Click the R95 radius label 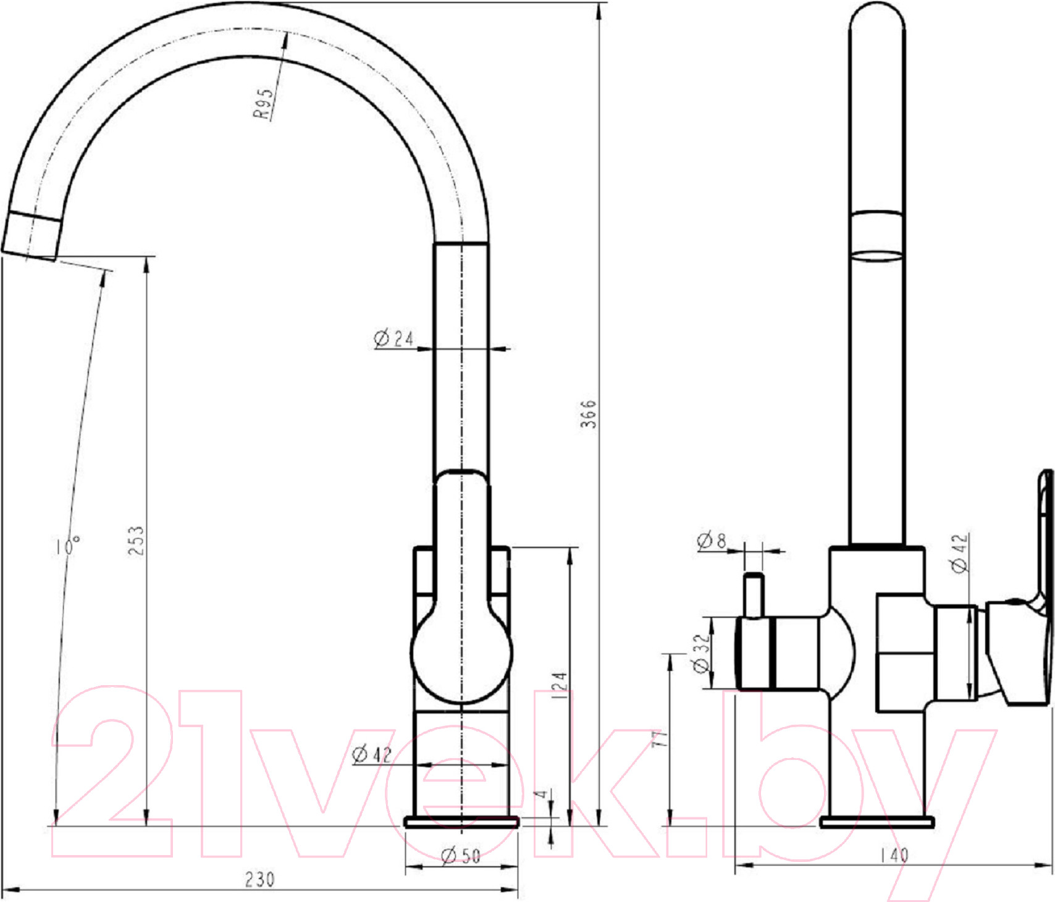click(264, 103)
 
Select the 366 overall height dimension click(589, 413)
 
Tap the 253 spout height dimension click(137, 540)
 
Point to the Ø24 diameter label click(393, 339)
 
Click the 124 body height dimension click(558, 685)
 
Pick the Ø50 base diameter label click(461, 856)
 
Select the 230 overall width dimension click(259, 879)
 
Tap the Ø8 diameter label click(712, 541)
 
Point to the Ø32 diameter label click(702, 653)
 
